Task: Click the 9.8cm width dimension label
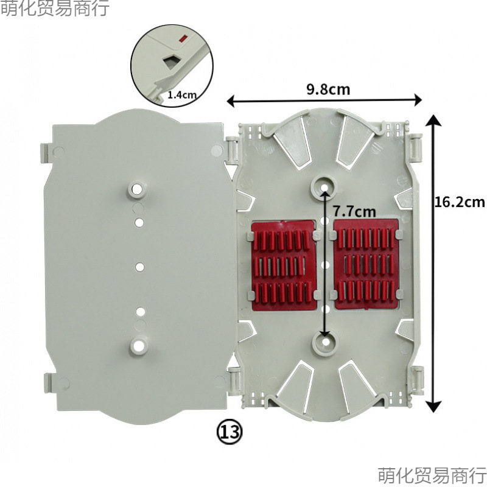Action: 328,89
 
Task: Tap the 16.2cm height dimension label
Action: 460,202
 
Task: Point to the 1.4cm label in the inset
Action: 181,95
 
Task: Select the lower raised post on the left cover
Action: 138,346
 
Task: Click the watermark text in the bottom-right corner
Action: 432,474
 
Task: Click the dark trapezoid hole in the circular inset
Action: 170,60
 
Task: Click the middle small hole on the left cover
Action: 139,267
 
